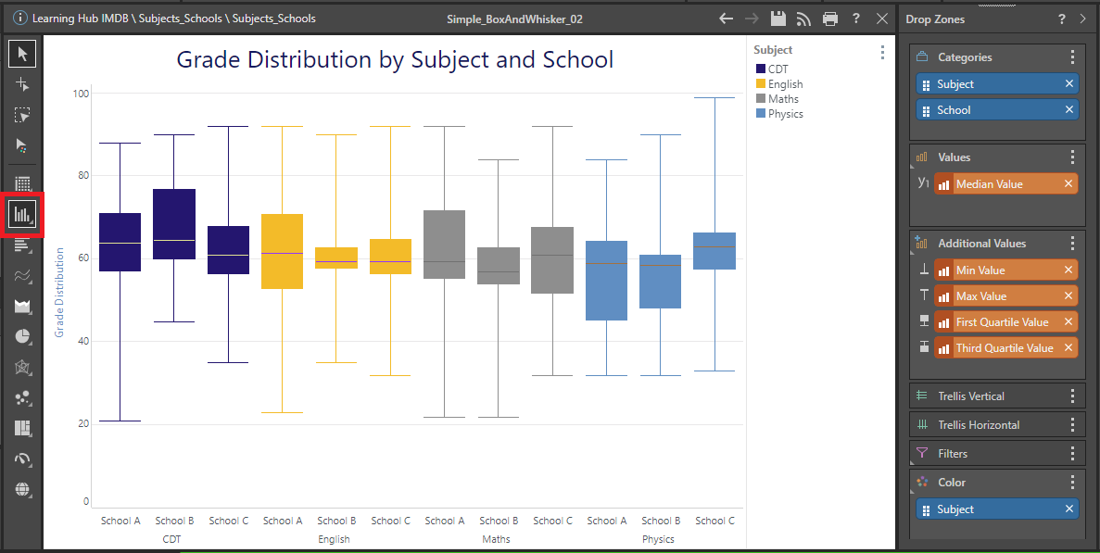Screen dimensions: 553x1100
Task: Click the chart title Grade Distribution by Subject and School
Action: [x=395, y=60]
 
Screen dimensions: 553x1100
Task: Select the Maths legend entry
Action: [x=783, y=99]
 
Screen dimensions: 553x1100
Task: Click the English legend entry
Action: [x=786, y=84]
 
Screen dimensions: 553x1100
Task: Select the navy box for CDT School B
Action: [x=174, y=224]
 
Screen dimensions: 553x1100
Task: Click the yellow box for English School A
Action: [x=283, y=251]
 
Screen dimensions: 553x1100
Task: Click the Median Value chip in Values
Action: [x=989, y=184]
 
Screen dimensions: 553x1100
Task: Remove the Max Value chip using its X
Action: [x=1068, y=296]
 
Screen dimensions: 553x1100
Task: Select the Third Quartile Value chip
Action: [x=1004, y=348]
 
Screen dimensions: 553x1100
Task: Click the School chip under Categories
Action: [x=954, y=110]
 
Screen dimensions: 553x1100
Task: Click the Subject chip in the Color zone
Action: [x=955, y=509]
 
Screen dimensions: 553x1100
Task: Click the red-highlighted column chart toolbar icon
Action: [x=22, y=214]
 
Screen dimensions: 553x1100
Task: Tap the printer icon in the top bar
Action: [x=830, y=19]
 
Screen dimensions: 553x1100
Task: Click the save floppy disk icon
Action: [x=778, y=19]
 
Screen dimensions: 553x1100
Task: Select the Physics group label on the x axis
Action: [x=658, y=539]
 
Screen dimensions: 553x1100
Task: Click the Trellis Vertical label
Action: [x=970, y=396]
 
